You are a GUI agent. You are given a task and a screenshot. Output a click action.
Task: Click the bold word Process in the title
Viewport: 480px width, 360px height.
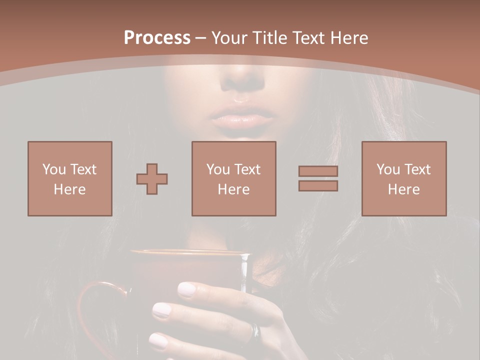click(157, 38)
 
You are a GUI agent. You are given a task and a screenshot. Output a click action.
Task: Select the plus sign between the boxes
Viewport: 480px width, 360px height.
click(152, 179)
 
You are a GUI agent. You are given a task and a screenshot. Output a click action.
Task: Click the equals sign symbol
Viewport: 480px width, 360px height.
click(318, 178)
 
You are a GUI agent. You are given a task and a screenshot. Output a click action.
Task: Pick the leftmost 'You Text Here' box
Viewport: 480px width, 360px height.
click(70, 178)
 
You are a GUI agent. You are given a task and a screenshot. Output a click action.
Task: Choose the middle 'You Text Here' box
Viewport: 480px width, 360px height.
click(234, 178)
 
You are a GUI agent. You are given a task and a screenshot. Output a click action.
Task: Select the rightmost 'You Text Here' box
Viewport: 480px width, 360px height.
click(404, 178)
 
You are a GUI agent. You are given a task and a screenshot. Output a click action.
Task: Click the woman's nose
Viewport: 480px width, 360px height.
click(243, 80)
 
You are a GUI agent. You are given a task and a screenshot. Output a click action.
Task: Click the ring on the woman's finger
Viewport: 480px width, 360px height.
click(255, 330)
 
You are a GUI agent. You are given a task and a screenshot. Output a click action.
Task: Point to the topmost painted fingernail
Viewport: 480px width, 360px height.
click(188, 289)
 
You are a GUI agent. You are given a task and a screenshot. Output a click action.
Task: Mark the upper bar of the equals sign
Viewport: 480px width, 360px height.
click(318, 171)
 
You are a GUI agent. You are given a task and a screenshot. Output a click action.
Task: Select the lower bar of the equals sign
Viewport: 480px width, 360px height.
click(318, 185)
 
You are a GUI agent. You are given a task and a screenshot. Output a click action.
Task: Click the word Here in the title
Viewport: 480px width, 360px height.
click(349, 38)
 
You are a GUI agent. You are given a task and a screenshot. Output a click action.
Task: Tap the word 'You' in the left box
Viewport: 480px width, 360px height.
click(54, 169)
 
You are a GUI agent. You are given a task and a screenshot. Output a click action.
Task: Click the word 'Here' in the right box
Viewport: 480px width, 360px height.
click(404, 189)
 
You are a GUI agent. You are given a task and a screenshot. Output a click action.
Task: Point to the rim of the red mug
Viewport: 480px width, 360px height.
click(190, 252)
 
